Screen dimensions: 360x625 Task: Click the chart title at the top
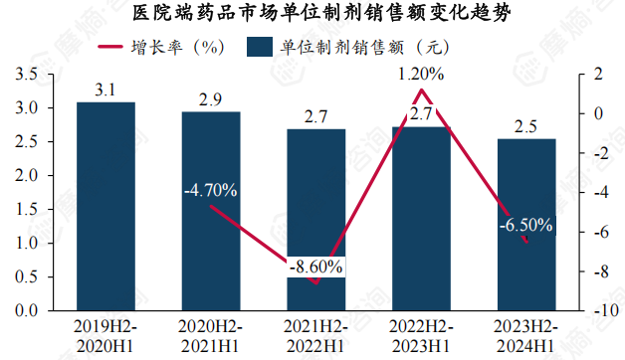tap(312, 14)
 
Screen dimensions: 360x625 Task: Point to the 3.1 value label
tap(105, 90)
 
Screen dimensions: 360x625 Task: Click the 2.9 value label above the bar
tap(210, 99)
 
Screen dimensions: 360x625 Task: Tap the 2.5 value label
tap(526, 126)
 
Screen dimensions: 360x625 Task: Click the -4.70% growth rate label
tap(210, 190)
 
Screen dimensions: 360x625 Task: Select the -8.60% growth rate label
tap(315, 267)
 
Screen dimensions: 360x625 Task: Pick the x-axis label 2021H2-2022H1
tap(315, 335)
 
